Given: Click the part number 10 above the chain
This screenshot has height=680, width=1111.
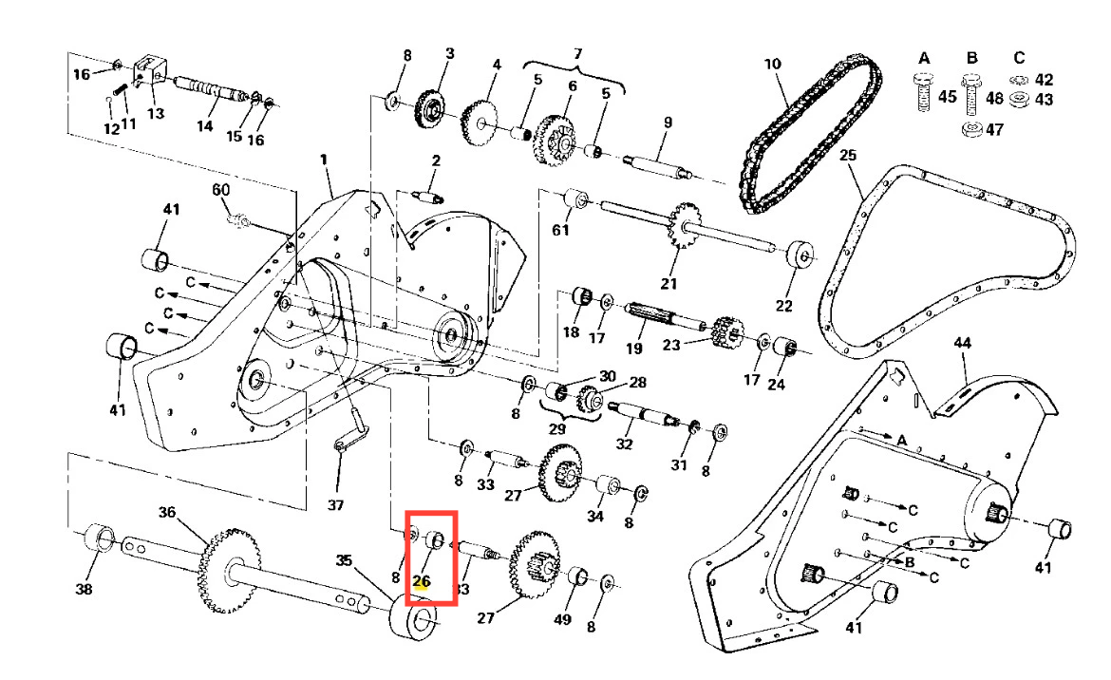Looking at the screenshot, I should coord(772,64).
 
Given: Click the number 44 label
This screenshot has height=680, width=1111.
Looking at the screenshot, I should coord(963,342).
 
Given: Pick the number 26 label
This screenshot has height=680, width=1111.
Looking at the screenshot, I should coord(422,581).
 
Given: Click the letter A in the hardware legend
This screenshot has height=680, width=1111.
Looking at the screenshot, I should coord(923,58).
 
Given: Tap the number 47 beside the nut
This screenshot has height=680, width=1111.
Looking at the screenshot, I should coord(994,130).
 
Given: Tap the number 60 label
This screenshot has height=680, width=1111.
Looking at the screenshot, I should coord(221,190).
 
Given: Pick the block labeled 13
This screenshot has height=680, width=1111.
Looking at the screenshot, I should coord(148,69).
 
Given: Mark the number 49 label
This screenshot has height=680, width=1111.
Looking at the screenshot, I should coord(561,619).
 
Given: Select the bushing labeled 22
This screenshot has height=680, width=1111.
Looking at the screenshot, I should coord(800,255).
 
